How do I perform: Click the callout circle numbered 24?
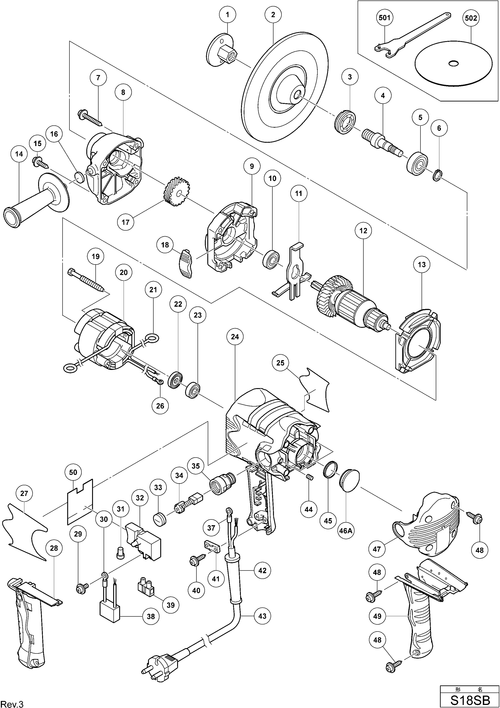click(235, 337)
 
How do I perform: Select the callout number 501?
click(384, 18)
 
